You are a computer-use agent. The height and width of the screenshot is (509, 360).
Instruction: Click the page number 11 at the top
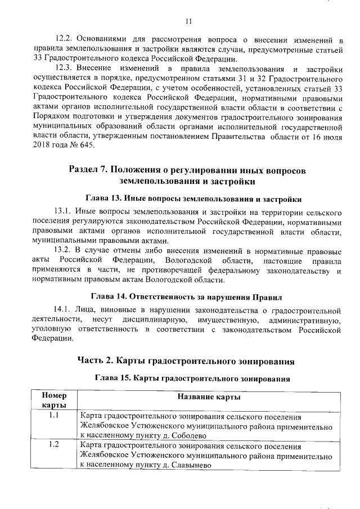[x=188, y=21]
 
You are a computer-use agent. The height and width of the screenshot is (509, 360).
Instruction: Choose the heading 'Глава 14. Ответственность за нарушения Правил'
[x=188, y=296]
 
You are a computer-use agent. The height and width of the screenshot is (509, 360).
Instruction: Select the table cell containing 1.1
[x=55, y=416]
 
